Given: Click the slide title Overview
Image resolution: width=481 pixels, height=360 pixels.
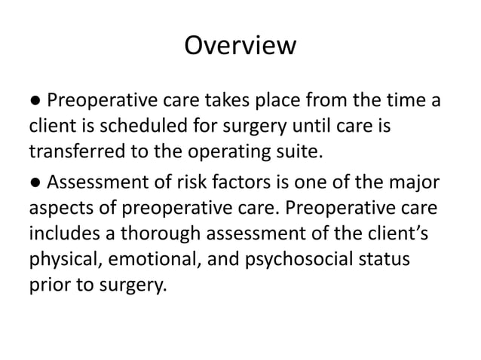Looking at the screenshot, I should pos(240,46).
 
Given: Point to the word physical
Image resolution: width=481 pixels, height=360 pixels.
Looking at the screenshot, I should pos(65,264).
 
